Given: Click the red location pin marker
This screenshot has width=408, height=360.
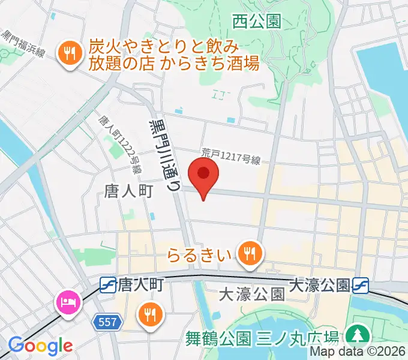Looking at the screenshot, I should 203,175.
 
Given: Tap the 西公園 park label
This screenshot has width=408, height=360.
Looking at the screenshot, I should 256,22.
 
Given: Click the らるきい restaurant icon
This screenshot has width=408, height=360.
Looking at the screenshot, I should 248,254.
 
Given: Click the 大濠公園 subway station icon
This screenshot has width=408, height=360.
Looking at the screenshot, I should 361,283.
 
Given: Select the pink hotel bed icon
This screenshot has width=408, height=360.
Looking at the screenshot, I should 67,300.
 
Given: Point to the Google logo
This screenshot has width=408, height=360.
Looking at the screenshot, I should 40,346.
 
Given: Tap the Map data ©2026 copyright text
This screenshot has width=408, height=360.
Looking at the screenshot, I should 358,353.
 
